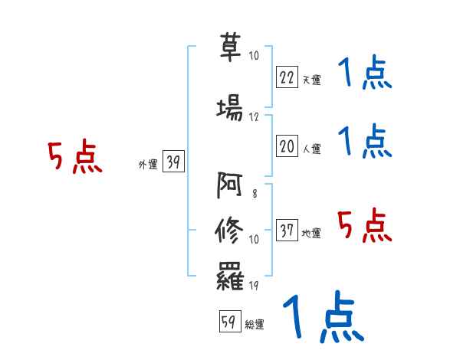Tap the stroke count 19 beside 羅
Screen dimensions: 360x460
[254, 286]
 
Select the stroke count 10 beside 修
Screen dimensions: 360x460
[254, 240]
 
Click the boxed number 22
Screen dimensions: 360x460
[287, 77]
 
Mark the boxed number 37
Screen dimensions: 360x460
[287, 231]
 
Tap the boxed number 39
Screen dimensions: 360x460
[173, 162]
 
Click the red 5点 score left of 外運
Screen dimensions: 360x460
[74, 157]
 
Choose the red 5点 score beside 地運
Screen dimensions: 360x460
[365, 224]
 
